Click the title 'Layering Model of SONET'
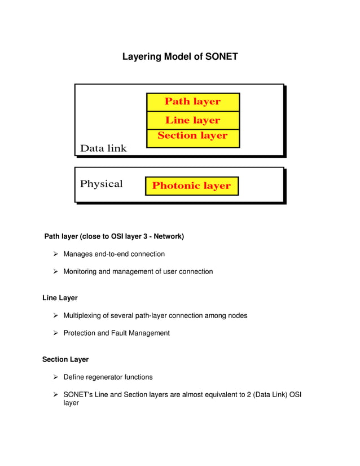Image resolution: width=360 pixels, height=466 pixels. pyautogui.click(x=180, y=57)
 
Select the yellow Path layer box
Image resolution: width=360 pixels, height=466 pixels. pyautogui.click(x=192, y=102)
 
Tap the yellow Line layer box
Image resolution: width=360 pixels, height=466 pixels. pyautogui.click(x=192, y=120)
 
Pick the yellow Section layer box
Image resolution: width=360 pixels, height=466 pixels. pyautogui.click(x=192, y=136)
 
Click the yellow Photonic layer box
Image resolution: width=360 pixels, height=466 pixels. pyautogui.click(x=191, y=186)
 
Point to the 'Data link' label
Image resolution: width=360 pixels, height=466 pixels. pyautogui.click(x=103, y=148)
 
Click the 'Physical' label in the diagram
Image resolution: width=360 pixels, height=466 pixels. pyautogui.click(x=101, y=184)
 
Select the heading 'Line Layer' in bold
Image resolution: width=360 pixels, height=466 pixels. pyautogui.click(x=60, y=297)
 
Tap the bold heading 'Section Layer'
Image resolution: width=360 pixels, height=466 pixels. pyautogui.click(x=65, y=359)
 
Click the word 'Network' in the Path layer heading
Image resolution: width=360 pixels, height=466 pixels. pyautogui.click(x=166, y=236)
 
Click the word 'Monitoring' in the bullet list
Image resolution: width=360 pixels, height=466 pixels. pyautogui.click(x=80, y=271)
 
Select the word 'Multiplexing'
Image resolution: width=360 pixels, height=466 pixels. pyautogui.click(x=82, y=315)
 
